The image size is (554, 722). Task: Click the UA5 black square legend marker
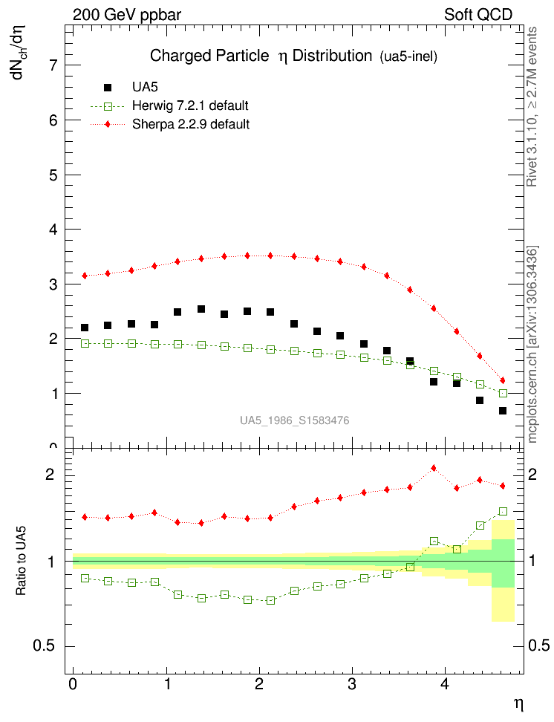[x=108, y=87]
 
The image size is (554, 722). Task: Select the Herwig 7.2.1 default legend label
[x=189, y=105]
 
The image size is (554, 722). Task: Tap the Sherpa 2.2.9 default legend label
[x=190, y=124]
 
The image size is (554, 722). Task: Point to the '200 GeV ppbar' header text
[x=127, y=14]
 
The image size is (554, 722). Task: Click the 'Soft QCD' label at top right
[x=478, y=14]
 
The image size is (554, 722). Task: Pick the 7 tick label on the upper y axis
[x=53, y=65]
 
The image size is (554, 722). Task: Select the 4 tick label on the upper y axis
[x=53, y=230]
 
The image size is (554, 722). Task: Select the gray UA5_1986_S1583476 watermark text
[x=294, y=421]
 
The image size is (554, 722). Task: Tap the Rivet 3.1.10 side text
[x=532, y=108]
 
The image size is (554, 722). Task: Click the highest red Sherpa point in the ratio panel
[x=434, y=468]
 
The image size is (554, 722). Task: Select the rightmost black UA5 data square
[x=503, y=411]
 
